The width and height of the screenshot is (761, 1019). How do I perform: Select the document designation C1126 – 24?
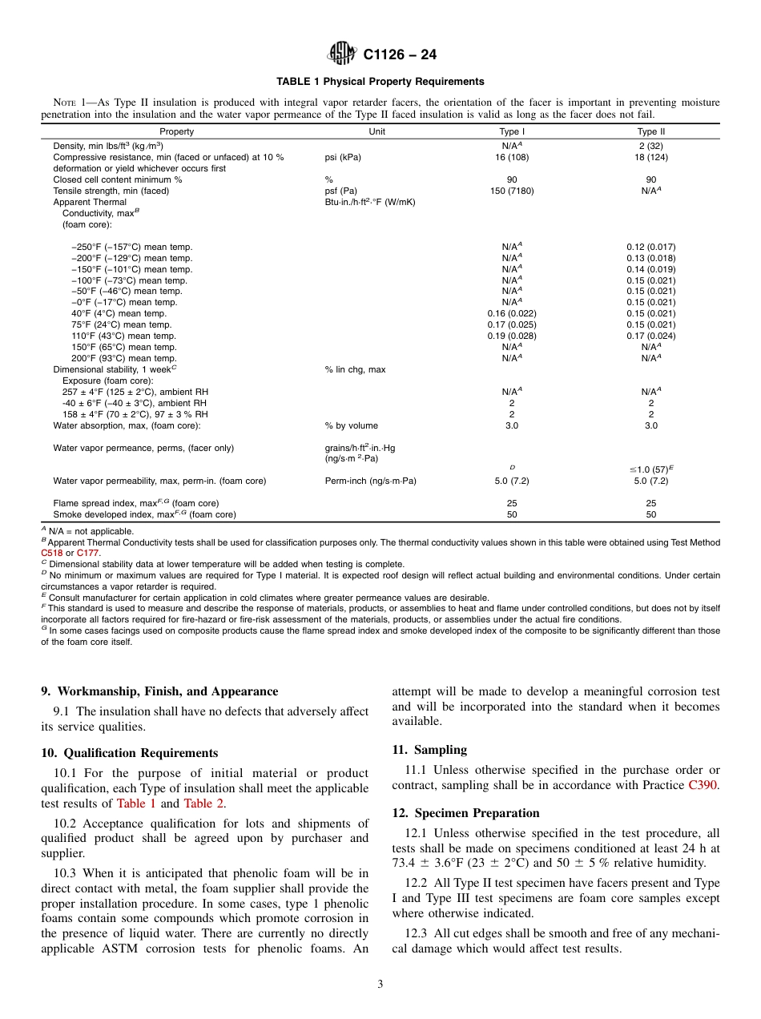click(400, 54)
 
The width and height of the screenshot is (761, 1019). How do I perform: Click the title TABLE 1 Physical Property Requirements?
click(380, 82)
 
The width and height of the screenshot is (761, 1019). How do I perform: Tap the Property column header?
click(176, 131)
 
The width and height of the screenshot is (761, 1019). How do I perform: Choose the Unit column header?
click(376, 131)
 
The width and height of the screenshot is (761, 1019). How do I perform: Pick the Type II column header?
click(650, 131)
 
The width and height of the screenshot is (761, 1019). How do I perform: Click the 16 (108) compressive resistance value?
click(511, 157)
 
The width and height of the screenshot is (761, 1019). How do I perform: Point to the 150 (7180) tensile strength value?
click(511, 191)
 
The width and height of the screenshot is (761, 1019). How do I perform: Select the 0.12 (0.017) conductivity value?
click(650, 247)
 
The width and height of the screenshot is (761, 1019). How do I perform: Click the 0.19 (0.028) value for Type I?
click(511, 336)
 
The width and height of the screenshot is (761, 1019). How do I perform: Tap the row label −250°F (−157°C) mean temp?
click(131, 247)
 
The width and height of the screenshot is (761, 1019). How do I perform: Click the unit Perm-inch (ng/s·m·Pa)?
click(370, 481)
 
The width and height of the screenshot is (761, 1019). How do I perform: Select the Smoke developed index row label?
click(144, 514)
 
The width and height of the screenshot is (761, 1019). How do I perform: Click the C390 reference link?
click(703, 785)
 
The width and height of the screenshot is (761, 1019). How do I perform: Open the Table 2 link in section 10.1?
click(203, 804)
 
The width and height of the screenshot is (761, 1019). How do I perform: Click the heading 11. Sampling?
click(429, 750)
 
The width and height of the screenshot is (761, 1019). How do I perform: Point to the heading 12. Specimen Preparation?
click(465, 812)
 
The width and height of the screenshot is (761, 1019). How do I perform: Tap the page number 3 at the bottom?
click(380, 985)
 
